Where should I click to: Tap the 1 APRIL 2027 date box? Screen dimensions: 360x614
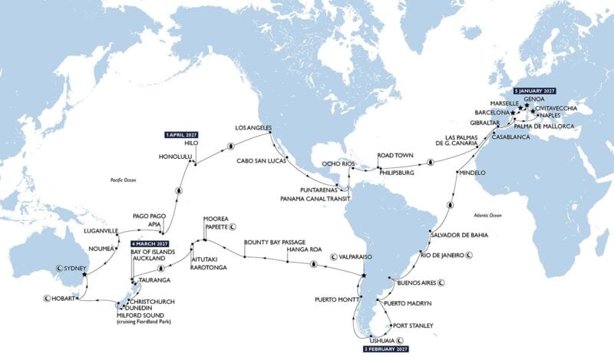tap(183, 134)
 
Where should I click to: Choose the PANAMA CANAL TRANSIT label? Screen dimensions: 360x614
tap(319, 197)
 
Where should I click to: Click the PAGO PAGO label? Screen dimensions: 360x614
tap(149, 216)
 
